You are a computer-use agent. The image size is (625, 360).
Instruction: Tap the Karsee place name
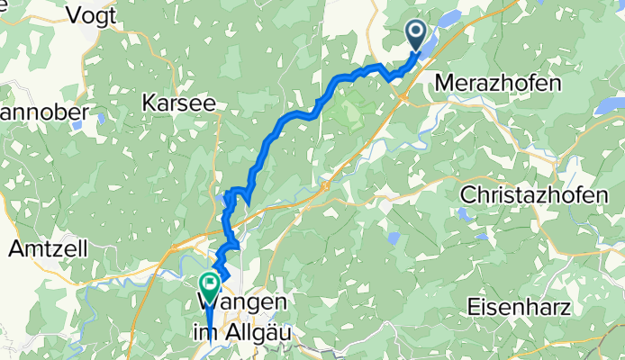[179, 103]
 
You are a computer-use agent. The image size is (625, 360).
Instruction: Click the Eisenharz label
[520, 307]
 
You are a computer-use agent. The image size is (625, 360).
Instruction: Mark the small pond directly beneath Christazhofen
[463, 215]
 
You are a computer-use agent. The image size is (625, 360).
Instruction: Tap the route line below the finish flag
[210, 324]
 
